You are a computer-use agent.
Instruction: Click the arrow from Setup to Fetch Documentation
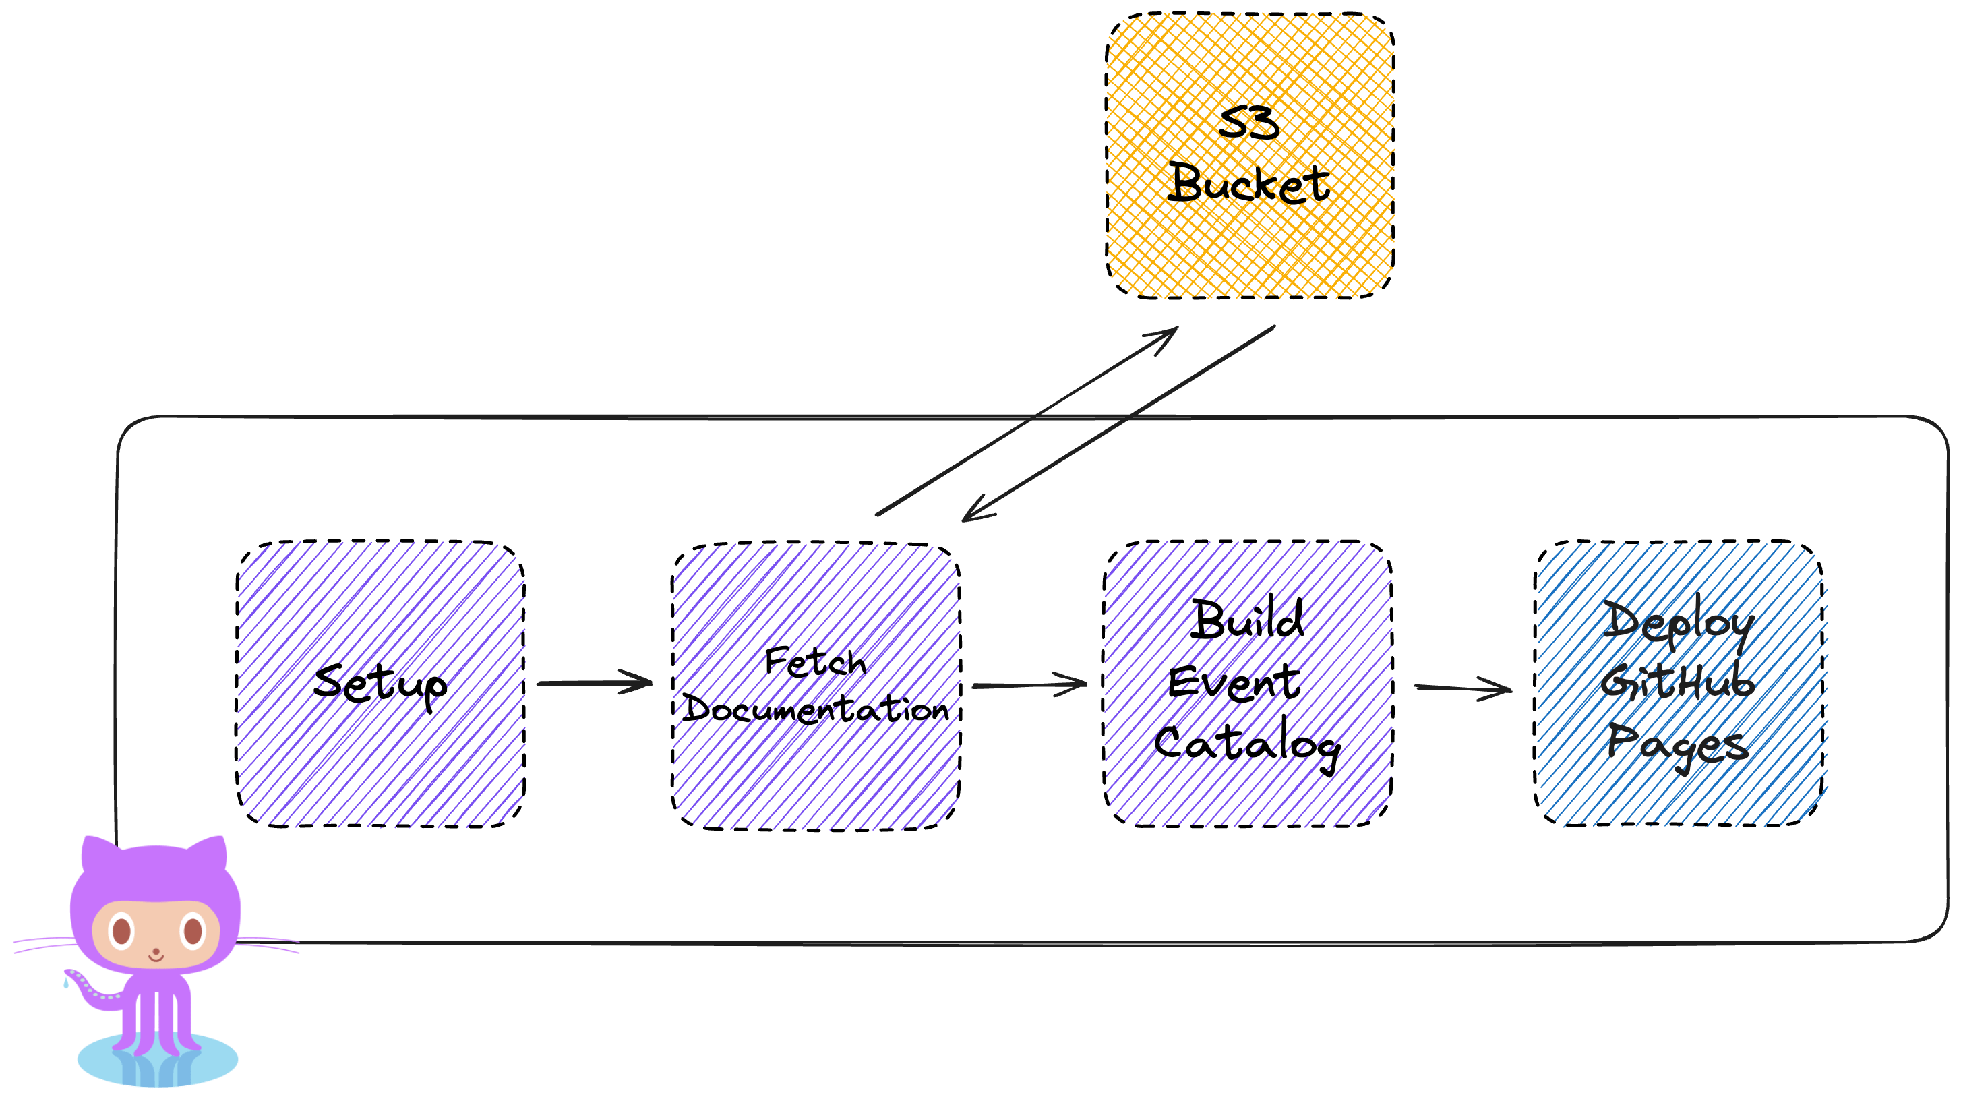pyautogui.click(x=594, y=683)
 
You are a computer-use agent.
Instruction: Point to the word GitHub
pyautogui.click(x=1677, y=682)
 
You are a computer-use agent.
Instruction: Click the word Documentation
pyautogui.click(x=814, y=710)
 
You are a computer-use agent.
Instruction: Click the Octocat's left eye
pyautogui.click(x=121, y=930)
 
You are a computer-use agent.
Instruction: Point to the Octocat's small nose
pyautogui.click(x=157, y=952)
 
